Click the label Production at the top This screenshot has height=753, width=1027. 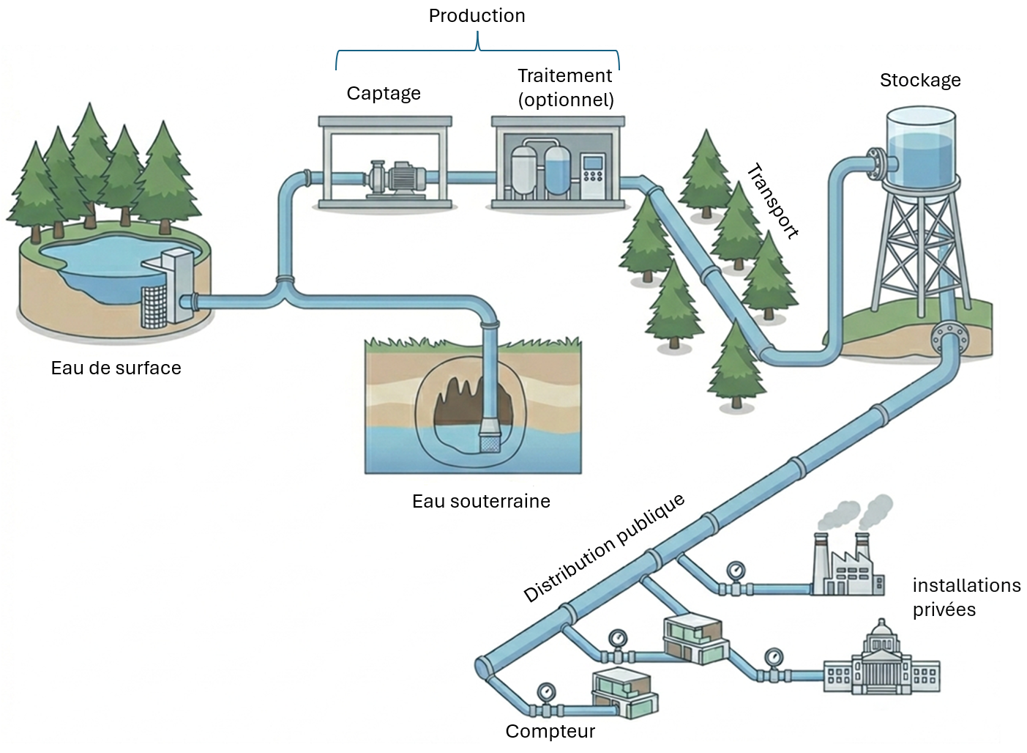[477, 16]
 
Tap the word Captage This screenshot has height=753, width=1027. [384, 94]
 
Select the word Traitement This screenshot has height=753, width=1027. [564, 76]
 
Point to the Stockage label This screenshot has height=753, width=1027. [920, 81]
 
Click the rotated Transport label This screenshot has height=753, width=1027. [772, 201]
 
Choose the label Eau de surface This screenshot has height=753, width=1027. [116, 368]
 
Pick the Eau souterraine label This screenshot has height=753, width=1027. [481, 501]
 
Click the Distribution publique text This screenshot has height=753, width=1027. [604, 548]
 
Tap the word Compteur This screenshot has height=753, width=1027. [550, 731]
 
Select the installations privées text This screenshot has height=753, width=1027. [966, 597]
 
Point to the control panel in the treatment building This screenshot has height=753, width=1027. [593, 176]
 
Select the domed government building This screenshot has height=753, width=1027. [881, 663]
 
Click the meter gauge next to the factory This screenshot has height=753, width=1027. [735, 571]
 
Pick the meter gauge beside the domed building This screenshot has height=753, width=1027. [773, 657]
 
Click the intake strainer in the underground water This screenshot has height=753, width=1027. [489, 440]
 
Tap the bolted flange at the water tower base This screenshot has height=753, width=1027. [949, 338]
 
